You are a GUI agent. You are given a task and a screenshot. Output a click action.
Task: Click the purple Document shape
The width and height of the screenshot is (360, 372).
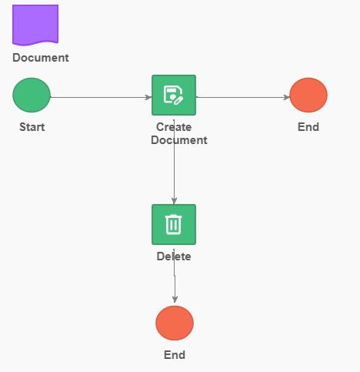tap(35, 25)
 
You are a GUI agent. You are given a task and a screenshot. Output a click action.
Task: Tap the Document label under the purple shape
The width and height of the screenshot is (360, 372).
tap(41, 58)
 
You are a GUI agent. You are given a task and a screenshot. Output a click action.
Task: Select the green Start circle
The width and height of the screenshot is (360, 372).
tap(32, 95)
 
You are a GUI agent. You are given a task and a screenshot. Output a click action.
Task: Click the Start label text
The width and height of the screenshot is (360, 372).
tap(32, 127)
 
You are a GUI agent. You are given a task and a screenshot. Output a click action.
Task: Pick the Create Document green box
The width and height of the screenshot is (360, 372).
tap(174, 95)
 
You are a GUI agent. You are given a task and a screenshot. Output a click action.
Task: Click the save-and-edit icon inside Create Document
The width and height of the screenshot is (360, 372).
tap(173, 95)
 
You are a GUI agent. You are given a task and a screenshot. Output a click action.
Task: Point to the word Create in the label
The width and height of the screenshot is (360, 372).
tap(174, 127)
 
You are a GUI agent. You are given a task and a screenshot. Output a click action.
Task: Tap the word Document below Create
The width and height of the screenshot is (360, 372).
tap(179, 140)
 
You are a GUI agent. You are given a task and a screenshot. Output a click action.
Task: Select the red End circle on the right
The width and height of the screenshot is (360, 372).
tap(308, 95)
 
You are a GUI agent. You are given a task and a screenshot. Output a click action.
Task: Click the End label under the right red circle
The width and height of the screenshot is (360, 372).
tap(308, 127)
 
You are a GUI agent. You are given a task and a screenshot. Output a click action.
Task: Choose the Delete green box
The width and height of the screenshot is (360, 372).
tap(174, 224)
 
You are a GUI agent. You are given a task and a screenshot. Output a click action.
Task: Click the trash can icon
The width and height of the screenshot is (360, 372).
tap(174, 224)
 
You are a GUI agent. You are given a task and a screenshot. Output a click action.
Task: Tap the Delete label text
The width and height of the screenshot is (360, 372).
tap(174, 256)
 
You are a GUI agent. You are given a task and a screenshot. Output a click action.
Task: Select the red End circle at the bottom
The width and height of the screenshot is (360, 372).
tap(175, 323)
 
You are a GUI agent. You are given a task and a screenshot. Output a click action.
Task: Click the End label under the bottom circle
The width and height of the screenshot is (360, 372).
tap(175, 355)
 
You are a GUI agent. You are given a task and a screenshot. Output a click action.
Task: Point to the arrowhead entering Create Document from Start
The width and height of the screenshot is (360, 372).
tap(148, 97)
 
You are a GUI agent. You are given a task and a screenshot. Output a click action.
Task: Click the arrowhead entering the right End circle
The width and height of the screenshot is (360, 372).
tap(287, 97)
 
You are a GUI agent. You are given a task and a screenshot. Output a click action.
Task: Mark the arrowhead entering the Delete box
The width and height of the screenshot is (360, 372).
tap(174, 201)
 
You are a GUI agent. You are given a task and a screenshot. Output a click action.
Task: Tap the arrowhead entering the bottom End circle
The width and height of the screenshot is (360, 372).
tap(175, 300)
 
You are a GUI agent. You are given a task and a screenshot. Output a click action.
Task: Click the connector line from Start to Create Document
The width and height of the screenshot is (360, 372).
tap(101, 97)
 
